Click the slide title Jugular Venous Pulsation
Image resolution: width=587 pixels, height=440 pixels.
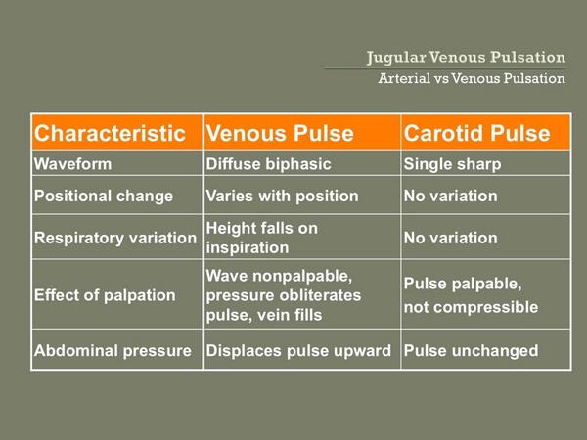(466, 57)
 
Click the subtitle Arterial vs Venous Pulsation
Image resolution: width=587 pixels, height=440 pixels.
(472, 78)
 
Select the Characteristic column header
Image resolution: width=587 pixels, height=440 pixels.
(109, 133)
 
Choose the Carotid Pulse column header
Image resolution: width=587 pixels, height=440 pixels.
(476, 133)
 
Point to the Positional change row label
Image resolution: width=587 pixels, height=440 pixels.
(104, 196)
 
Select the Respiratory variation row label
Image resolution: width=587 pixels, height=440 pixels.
(114, 238)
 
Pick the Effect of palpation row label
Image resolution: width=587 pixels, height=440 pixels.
(105, 294)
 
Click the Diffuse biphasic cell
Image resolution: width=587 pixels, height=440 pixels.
(266, 164)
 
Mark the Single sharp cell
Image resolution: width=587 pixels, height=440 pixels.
(452, 164)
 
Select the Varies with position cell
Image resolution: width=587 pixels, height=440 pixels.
(282, 196)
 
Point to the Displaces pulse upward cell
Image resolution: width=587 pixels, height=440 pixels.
(298, 350)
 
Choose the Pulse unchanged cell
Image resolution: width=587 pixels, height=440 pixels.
(471, 350)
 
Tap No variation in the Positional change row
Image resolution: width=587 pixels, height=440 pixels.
(450, 196)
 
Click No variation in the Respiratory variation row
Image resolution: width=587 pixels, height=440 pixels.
(450, 238)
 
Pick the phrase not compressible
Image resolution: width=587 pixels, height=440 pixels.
(471, 307)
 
